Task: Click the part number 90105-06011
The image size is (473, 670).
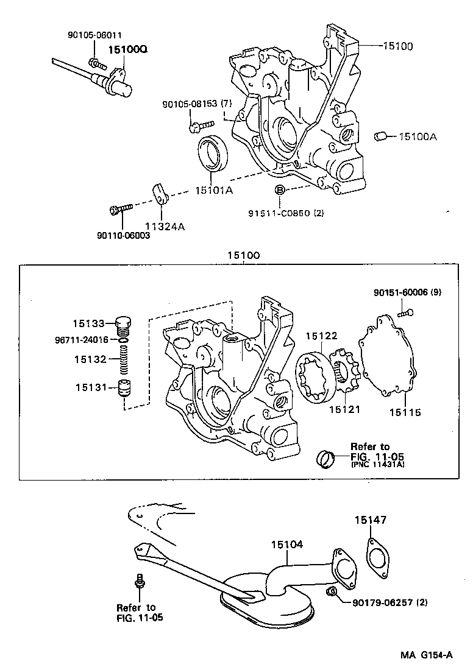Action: pos(94,35)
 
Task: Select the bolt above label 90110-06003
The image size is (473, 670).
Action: pos(119,210)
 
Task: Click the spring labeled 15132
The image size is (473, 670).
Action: pos(123,359)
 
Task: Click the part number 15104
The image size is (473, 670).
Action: pos(287,543)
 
